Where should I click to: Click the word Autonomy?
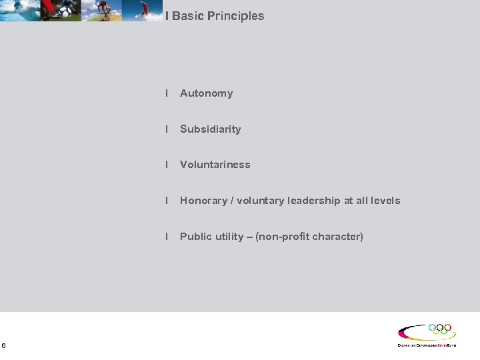pyautogui.click(x=206, y=93)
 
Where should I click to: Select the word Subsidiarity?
pyautogui.click(x=210, y=129)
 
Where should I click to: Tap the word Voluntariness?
pyautogui.click(x=215, y=165)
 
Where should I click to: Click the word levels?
pyautogui.click(x=385, y=201)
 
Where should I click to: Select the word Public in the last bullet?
pyautogui.click(x=195, y=237)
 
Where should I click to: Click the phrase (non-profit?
pyautogui.click(x=282, y=237)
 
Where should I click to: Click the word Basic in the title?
pyautogui.click(x=187, y=16)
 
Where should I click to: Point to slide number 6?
pyautogui.click(x=4, y=345)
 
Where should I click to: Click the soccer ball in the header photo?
pyautogui.click(x=65, y=11)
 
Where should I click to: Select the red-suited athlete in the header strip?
pyautogui.click(x=143, y=9)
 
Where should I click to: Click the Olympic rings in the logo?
pyautogui.click(x=440, y=329)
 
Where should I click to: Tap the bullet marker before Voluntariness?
pyautogui.click(x=167, y=165)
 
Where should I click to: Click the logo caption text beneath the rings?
pyautogui.click(x=427, y=345)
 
